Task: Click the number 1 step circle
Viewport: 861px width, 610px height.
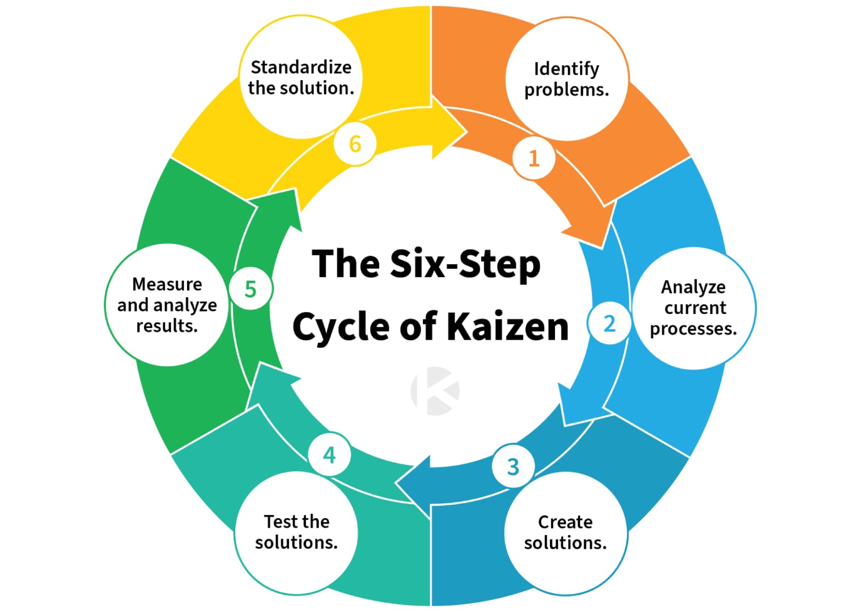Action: (x=533, y=158)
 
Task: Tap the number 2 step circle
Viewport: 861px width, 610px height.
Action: (x=609, y=323)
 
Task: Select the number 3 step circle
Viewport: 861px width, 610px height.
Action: (x=513, y=467)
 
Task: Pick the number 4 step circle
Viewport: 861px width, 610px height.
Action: (x=329, y=454)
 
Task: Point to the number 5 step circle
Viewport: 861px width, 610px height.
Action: (x=251, y=289)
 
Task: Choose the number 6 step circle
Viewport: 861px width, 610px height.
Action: (x=355, y=144)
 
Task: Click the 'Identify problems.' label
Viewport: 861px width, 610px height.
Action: (x=566, y=79)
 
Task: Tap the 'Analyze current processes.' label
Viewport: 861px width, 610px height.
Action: (x=693, y=308)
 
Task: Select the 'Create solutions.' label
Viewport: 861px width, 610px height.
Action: (x=565, y=532)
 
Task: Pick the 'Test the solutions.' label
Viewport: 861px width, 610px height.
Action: (x=296, y=532)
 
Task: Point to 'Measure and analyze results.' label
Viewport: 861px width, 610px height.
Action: (x=167, y=305)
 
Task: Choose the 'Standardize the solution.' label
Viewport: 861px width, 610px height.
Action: (x=301, y=78)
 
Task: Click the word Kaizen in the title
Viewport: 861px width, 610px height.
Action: (x=508, y=326)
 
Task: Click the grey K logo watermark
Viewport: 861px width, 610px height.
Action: (x=435, y=391)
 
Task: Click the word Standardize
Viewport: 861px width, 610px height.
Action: (x=301, y=67)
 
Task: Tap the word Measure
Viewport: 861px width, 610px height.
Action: (x=167, y=284)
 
